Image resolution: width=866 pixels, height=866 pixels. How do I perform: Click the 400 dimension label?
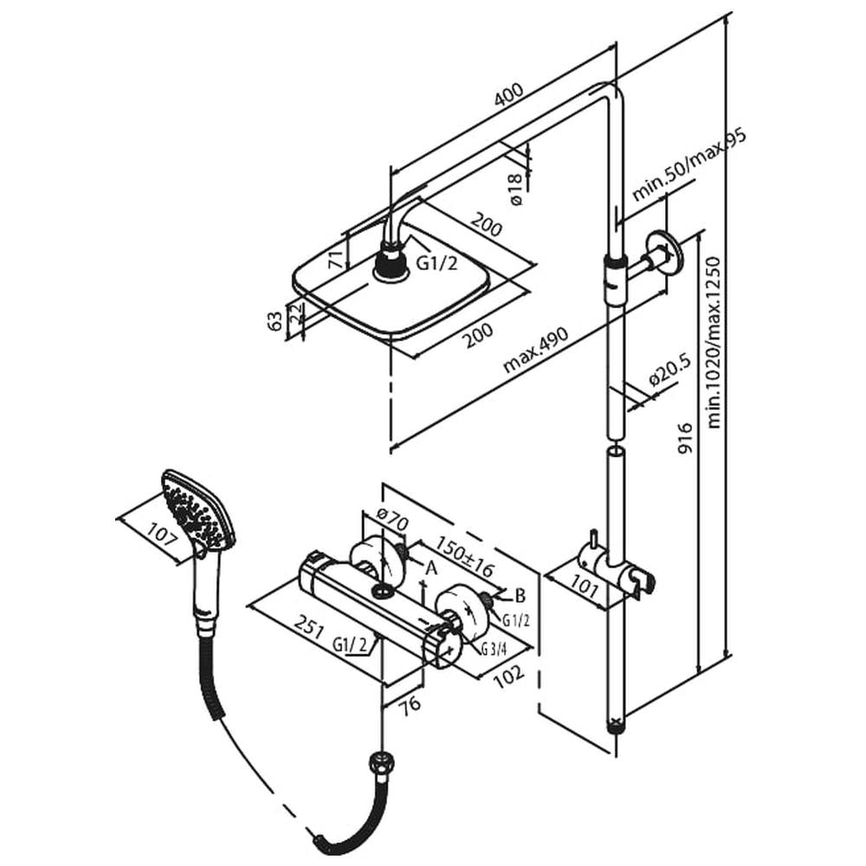[508, 94]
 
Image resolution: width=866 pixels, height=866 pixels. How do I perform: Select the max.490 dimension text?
[535, 349]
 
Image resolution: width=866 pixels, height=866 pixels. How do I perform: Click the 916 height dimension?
[685, 438]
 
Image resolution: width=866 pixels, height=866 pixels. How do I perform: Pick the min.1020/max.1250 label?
[714, 342]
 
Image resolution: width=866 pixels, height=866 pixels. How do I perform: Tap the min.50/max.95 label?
[688, 165]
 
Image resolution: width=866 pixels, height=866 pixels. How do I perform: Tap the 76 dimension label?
[410, 705]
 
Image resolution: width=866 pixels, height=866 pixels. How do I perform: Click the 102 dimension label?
[508, 676]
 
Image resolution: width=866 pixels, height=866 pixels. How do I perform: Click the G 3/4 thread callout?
[494, 649]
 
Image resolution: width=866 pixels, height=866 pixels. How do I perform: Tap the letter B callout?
[520, 596]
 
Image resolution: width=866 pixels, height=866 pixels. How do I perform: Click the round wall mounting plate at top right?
[664, 254]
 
